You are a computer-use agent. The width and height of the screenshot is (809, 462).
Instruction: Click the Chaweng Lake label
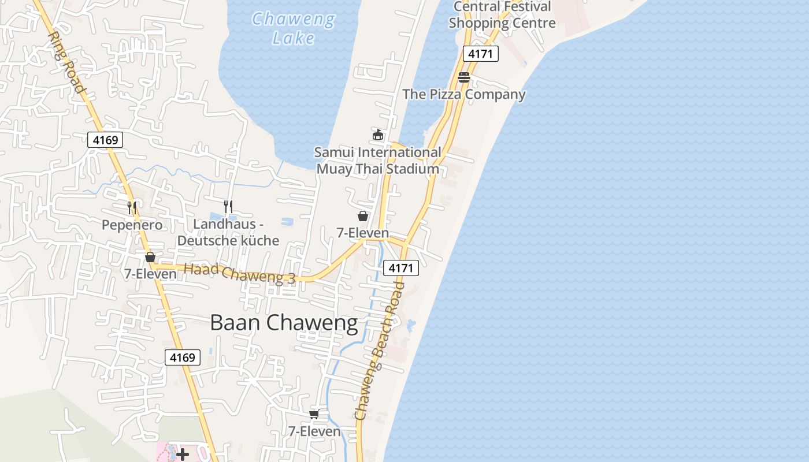coord(294,28)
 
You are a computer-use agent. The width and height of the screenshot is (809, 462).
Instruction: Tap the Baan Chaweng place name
coord(284,323)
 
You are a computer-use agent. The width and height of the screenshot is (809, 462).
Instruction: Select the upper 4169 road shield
coord(105,139)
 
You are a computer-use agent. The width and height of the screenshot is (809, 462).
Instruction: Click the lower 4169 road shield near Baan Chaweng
coord(183,357)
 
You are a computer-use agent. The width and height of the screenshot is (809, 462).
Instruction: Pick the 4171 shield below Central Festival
coord(480,54)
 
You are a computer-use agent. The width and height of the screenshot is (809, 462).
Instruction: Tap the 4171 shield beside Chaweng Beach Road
coord(400,268)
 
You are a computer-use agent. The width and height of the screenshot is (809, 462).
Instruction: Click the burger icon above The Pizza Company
coord(464,77)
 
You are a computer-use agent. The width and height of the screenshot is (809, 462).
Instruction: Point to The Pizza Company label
coord(464,94)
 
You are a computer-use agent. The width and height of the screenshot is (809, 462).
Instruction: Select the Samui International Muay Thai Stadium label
coord(377,161)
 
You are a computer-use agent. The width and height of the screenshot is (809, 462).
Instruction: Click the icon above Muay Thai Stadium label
coord(378,135)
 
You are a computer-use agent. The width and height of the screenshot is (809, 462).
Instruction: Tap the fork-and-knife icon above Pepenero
coord(132,207)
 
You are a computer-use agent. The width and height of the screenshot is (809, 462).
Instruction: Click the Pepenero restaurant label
coord(132,225)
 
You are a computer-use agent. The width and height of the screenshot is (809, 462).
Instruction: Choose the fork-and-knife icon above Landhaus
coord(228,206)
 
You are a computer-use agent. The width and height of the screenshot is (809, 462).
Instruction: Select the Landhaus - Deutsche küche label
coord(228,232)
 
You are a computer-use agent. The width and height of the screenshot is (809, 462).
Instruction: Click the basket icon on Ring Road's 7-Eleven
coord(150,257)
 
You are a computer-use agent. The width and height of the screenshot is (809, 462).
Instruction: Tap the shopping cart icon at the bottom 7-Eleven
coord(314,414)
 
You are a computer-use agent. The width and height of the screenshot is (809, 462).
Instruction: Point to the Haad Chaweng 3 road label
coord(239,273)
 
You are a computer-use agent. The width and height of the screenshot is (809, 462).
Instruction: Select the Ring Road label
coord(66,62)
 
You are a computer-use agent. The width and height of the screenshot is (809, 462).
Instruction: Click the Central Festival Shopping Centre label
coord(502,15)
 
